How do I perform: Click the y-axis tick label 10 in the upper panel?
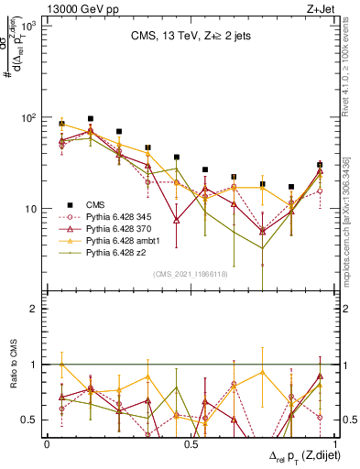click(x=34, y=209)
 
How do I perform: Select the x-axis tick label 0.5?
click(x=191, y=444)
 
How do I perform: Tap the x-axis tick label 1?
click(x=333, y=444)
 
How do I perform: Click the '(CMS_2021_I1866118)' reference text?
click(x=190, y=273)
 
